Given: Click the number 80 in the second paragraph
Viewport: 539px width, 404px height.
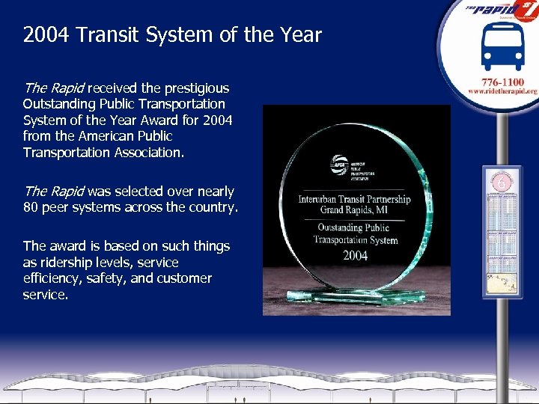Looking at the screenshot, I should [31, 207].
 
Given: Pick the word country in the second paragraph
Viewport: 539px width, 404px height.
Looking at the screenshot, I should [213, 207].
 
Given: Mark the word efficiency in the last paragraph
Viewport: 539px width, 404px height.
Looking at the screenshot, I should [52, 278].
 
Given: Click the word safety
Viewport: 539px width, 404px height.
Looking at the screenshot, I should [127, 278].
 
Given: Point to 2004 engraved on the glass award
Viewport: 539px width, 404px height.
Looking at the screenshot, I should [355, 255].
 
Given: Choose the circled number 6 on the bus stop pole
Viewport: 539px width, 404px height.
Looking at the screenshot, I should [501, 183].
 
